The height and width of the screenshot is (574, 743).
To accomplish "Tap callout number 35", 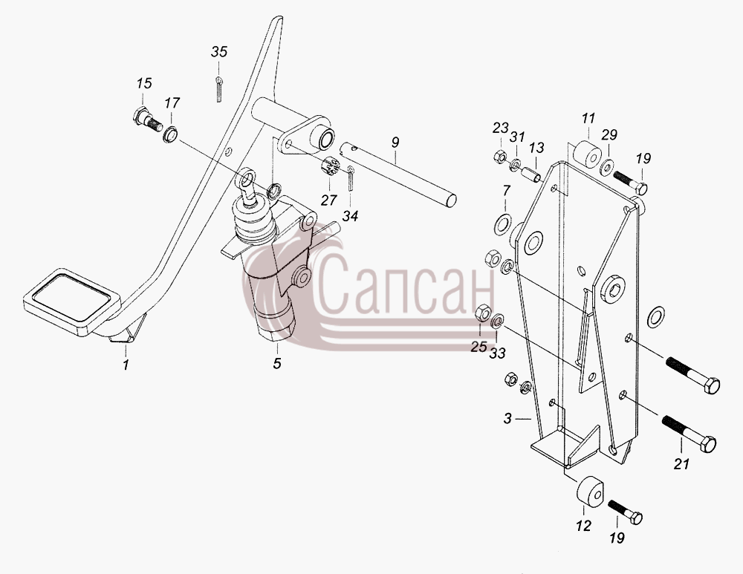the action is pos(219,52).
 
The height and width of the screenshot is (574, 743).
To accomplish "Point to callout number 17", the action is pos(172,102).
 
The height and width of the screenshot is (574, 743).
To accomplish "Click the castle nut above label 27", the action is pos(331,167).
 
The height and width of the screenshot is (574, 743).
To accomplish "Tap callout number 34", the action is pos(350,216).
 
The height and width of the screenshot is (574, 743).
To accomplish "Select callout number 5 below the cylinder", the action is pos(276,363).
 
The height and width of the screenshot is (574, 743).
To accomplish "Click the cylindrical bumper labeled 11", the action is pos(587,153).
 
